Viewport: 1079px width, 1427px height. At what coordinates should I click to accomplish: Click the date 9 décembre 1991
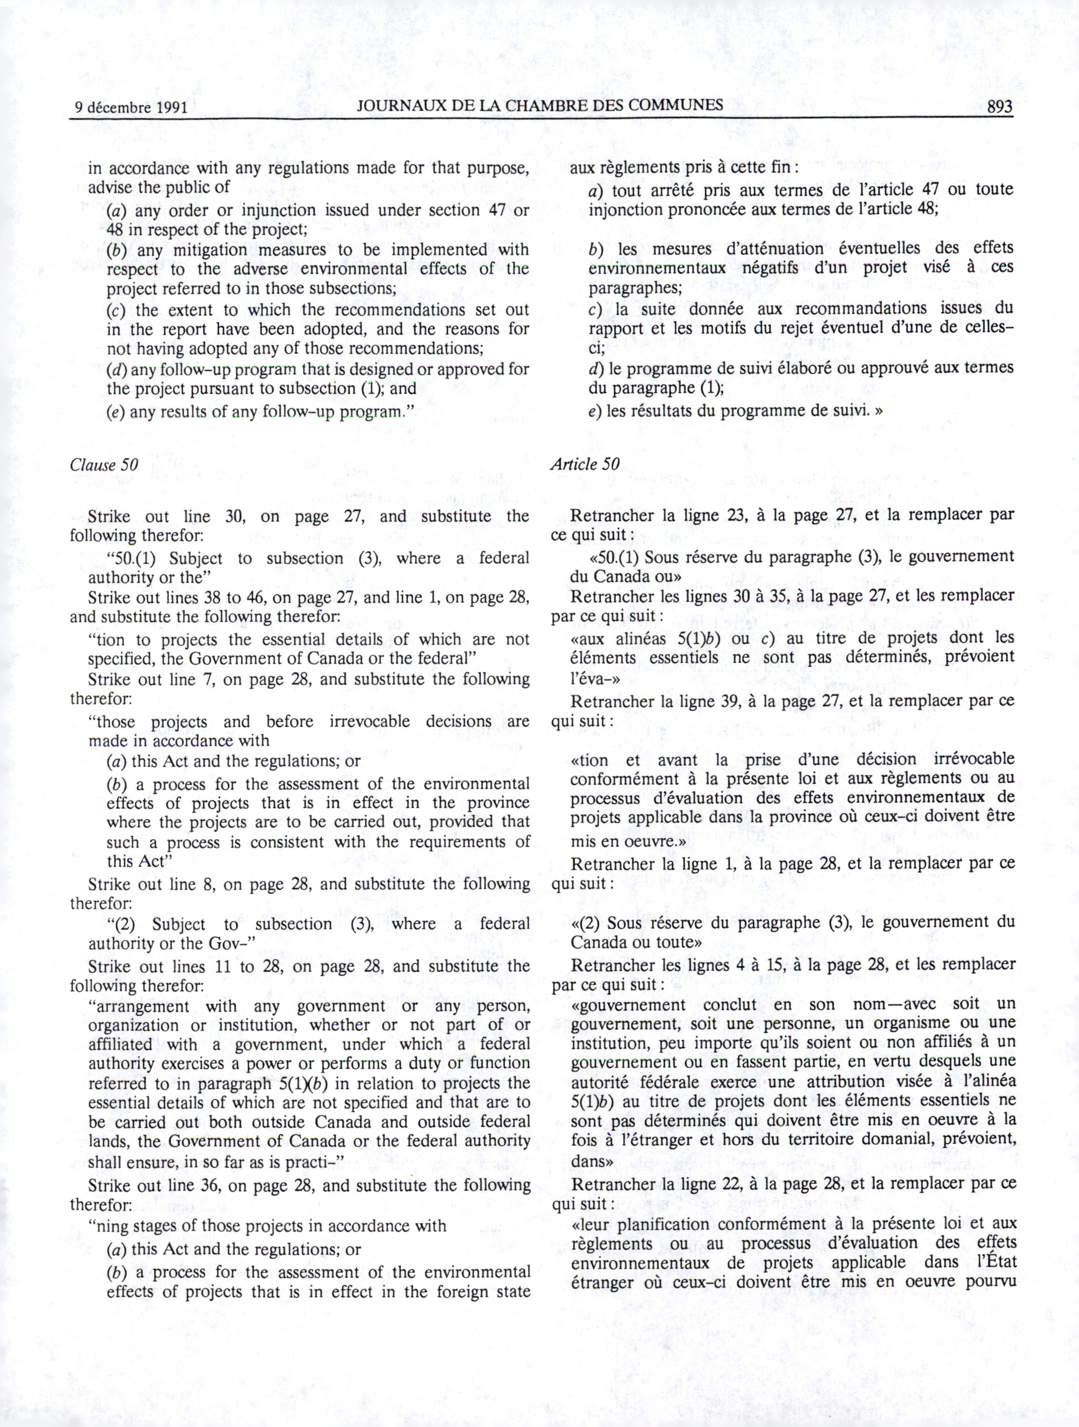(131, 107)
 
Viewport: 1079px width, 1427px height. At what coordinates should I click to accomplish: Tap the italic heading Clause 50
(104, 465)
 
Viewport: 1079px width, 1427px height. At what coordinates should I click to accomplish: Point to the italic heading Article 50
(585, 464)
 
